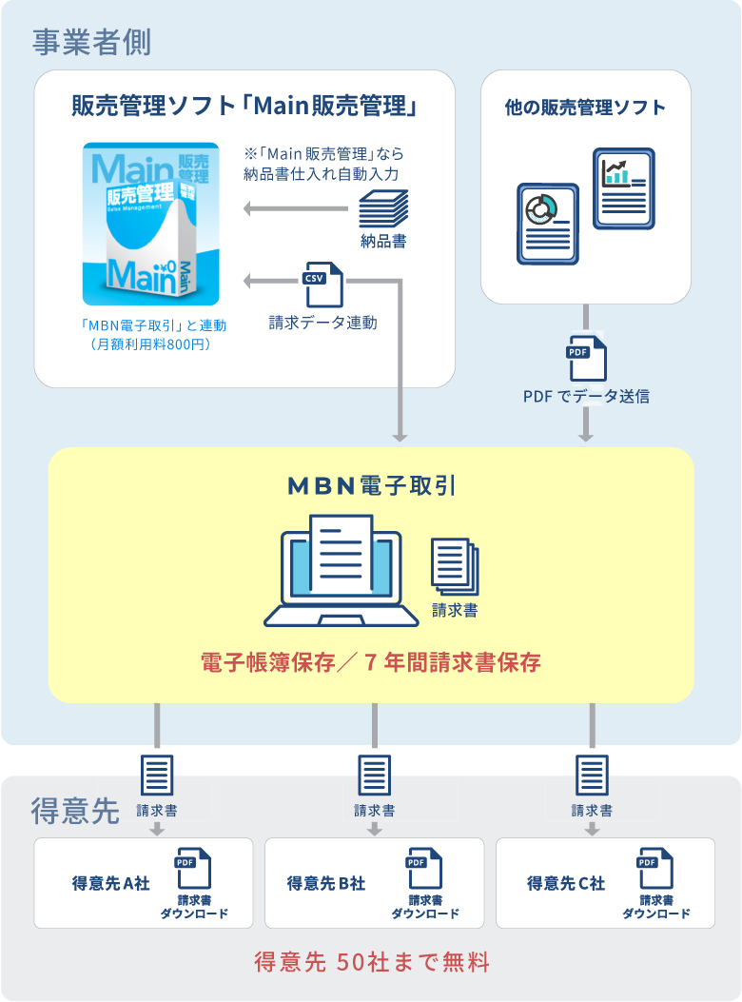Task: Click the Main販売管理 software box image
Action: (150, 224)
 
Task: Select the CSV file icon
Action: (322, 284)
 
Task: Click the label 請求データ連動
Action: (322, 323)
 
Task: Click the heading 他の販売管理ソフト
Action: (585, 107)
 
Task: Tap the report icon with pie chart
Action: (547, 225)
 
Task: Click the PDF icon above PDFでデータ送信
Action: (585, 358)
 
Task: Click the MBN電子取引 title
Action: (371, 485)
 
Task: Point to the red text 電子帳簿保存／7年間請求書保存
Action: (371, 662)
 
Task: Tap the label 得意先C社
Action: (566, 883)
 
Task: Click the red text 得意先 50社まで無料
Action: (372, 962)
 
